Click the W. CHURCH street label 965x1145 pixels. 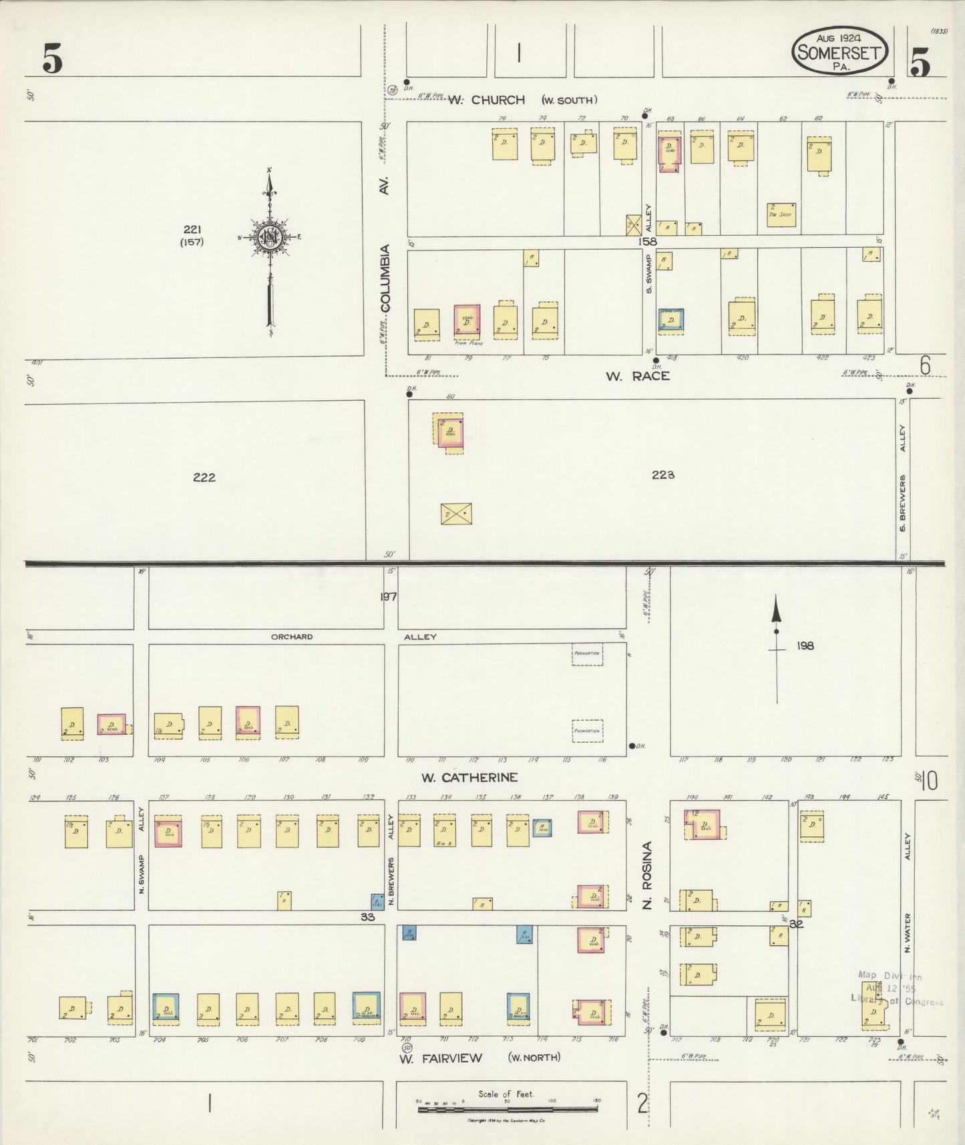click(486, 100)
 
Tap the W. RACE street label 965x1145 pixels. click(637, 376)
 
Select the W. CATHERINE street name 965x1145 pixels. click(469, 778)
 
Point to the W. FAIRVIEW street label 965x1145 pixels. click(449, 1058)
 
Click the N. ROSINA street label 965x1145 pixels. click(646, 875)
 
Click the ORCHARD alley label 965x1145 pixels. click(292, 637)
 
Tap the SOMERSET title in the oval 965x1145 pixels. click(839, 52)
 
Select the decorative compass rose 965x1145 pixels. click(270, 238)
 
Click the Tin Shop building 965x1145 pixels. click(781, 214)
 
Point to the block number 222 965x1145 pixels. click(204, 477)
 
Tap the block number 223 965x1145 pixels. click(663, 475)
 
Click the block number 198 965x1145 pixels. click(805, 646)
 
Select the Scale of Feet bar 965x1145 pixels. click(508, 1110)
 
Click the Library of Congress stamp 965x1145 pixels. click(897, 988)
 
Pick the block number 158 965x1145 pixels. click(647, 242)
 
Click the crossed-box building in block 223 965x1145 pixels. click(456, 514)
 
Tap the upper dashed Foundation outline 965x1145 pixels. click(587, 654)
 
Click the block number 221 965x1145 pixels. click(192, 230)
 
